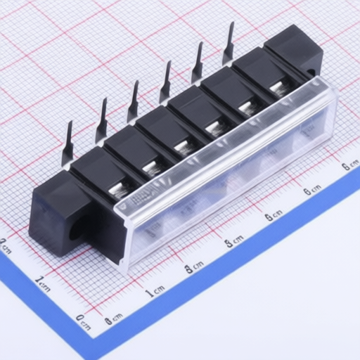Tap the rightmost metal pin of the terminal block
pos(229,44)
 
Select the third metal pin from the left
pos(133,102)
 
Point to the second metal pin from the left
pos(102,121)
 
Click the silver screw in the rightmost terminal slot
pos(278,88)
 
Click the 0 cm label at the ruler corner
pos(83,323)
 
